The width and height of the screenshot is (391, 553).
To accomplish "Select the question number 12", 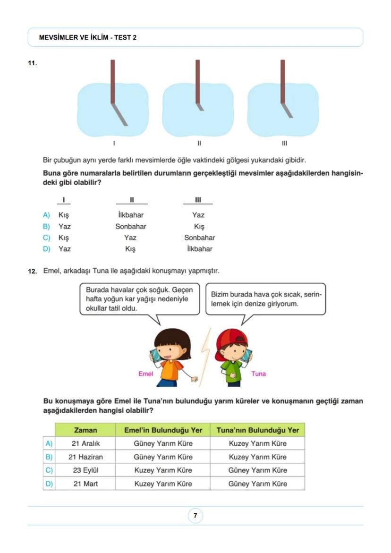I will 33,272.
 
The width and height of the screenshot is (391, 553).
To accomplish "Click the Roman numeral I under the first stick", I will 114,143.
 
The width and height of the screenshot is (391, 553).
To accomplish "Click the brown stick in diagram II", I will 197,80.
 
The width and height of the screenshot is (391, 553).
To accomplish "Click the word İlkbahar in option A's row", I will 131,215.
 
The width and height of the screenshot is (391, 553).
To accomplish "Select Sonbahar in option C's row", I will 199,238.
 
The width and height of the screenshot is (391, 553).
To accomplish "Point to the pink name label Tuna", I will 258,374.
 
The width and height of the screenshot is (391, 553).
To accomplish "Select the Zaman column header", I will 85,430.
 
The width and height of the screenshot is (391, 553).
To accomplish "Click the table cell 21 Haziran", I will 85,457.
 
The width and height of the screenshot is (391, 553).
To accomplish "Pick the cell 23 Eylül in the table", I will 85,470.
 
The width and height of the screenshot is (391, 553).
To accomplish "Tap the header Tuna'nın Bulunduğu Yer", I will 257,430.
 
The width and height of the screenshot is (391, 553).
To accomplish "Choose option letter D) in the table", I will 49,484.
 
